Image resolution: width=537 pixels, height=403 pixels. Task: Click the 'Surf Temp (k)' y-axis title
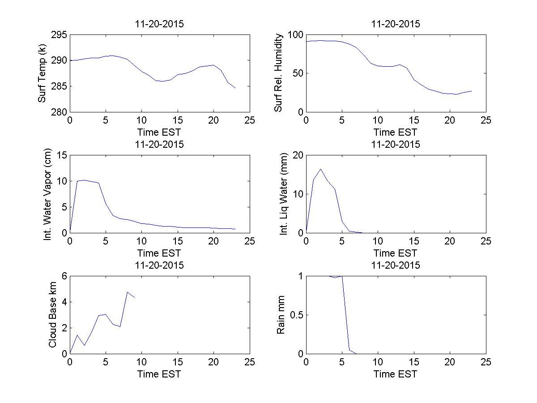pyautogui.click(x=43, y=74)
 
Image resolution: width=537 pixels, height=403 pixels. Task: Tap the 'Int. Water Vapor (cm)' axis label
pyautogui.click(x=48, y=194)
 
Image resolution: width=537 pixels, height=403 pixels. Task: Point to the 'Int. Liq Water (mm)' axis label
pyautogui.click(x=284, y=194)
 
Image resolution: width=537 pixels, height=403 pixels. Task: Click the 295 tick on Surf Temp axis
pyautogui.click(x=59, y=35)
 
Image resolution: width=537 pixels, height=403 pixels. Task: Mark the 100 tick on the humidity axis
pyautogui.click(x=296, y=35)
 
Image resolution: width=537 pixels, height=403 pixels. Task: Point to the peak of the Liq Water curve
pyautogui.click(x=320, y=169)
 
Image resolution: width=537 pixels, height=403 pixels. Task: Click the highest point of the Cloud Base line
pyautogui.click(x=128, y=292)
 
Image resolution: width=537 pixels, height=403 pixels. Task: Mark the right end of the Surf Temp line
pyautogui.click(x=235, y=88)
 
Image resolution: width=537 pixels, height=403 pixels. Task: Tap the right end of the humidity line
pyautogui.click(x=471, y=91)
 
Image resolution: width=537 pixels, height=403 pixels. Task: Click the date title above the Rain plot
pyautogui.click(x=396, y=265)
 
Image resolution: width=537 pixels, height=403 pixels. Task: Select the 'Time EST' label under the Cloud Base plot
pyautogui.click(x=159, y=374)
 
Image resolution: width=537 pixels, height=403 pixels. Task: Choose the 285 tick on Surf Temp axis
pyautogui.click(x=59, y=86)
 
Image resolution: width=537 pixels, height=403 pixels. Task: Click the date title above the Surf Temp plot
pyautogui.click(x=159, y=24)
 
